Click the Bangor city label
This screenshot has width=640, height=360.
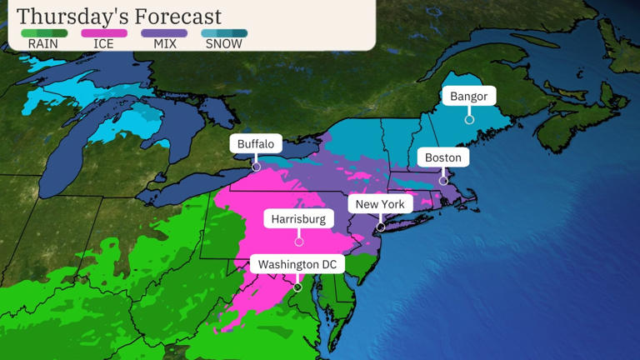tap(468, 97)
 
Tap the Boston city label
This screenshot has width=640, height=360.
tap(442, 157)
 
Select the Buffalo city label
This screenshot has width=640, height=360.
tap(255, 144)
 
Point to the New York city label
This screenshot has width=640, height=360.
tap(380, 204)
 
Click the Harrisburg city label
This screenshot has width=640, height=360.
tap(298, 219)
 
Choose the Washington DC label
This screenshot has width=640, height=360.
tap(297, 265)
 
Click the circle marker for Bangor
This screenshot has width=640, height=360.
tap(469, 120)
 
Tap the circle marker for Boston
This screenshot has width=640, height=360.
tap(443, 181)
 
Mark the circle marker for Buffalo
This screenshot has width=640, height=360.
tap(256, 167)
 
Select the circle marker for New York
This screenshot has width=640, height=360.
tap(381, 227)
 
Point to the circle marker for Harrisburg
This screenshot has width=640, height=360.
tap(298, 242)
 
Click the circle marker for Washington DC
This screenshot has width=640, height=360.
tap(297, 287)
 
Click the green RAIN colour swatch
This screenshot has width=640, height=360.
tap(43, 33)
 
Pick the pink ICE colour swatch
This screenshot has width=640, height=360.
tap(104, 33)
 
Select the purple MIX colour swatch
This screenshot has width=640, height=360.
tap(164, 33)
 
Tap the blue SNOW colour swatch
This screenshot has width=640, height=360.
tap(224, 33)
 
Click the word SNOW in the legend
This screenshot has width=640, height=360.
tap(224, 44)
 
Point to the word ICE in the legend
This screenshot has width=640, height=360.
tap(104, 44)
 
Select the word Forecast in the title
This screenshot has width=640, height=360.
tap(177, 16)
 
